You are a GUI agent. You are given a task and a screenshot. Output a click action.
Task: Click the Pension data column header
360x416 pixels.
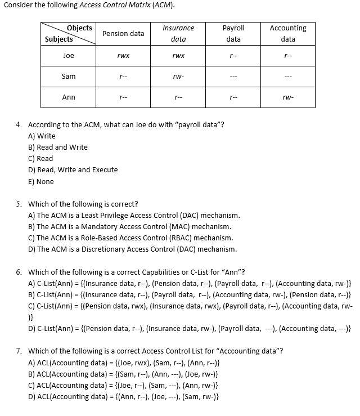click(x=123, y=34)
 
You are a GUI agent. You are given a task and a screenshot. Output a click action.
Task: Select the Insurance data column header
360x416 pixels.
click(x=178, y=34)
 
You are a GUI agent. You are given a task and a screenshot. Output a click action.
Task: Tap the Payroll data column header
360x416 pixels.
click(x=233, y=34)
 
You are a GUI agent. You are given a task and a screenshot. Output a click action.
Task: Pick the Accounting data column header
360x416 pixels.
click(x=288, y=34)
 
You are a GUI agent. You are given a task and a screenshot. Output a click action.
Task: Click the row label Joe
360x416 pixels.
click(x=69, y=56)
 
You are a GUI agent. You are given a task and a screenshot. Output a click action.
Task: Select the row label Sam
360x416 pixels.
click(x=69, y=77)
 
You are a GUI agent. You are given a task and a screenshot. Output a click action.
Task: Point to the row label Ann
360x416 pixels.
click(x=69, y=97)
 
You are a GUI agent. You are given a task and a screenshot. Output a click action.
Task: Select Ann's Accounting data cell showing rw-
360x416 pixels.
click(x=288, y=98)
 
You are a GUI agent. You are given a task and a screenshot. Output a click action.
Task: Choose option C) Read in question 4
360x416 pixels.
click(x=40, y=159)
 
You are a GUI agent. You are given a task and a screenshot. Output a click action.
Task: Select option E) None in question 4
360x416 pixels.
click(x=41, y=182)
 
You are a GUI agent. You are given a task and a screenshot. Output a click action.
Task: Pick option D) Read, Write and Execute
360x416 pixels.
click(x=73, y=170)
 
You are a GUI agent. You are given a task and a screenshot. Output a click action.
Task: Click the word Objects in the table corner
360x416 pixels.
click(x=79, y=28)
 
